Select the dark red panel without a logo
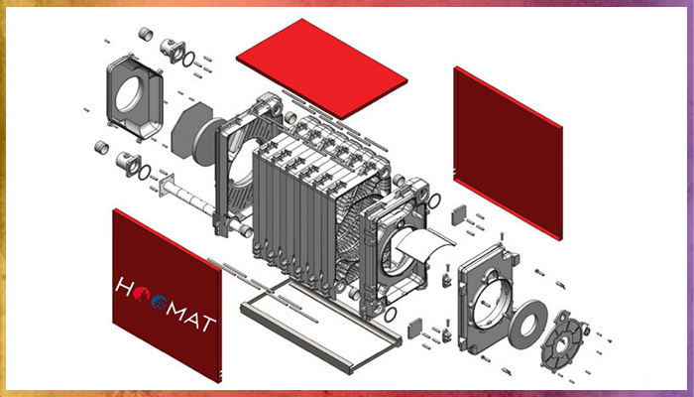pyautogui.click(x=508, y=153)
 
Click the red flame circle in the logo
pyautogui.click(x=141, y=293)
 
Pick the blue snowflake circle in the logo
pyautogui.click(x=160, y=302)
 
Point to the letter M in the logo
pyautogui.click(x=181, y=311)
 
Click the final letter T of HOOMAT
pyautogui.click(x=208, y=324)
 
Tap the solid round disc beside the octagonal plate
pyautogui.click(x=206, y=142)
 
